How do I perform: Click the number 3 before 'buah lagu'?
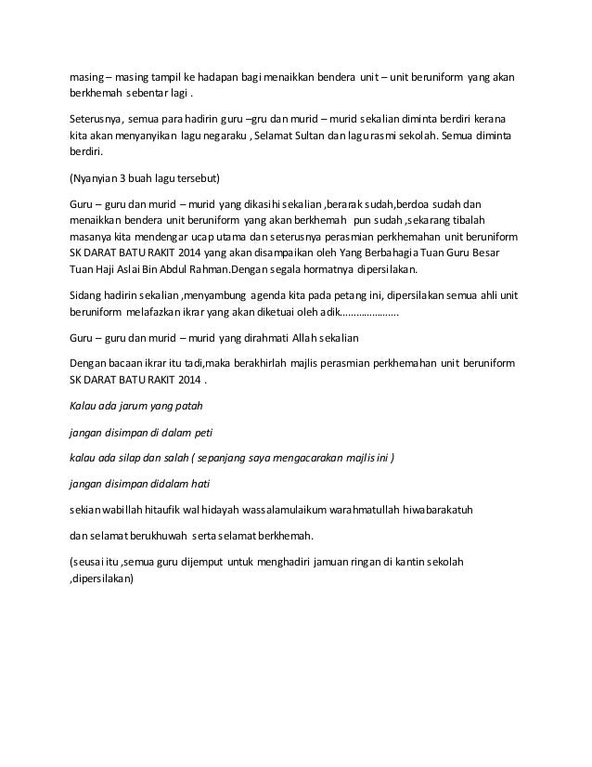(134, 177)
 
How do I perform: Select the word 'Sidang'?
(87, 294)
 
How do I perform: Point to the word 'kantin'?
(405, 562)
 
